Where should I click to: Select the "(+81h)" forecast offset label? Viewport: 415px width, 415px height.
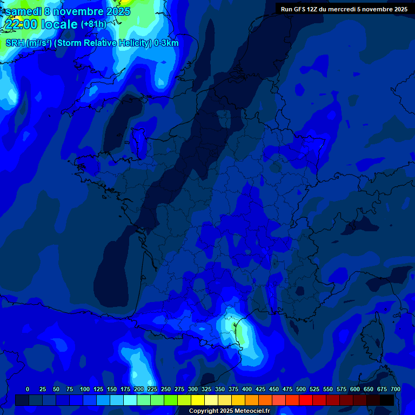(x=93, y=24)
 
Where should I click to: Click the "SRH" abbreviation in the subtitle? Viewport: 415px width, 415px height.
(x=15, y=43)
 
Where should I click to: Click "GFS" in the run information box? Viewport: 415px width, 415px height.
(x=302, y=9)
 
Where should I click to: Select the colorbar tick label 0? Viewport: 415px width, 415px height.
(x=28, y=389)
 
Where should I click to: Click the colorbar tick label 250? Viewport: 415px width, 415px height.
(x=166, y=389)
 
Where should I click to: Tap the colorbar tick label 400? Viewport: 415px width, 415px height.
(x=247, y=389)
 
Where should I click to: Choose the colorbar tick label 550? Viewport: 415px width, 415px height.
(x=328, y=389)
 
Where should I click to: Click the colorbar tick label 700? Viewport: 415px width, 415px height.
(x=396, y=389)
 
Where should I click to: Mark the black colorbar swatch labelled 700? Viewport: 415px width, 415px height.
(x=387, y=400)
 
